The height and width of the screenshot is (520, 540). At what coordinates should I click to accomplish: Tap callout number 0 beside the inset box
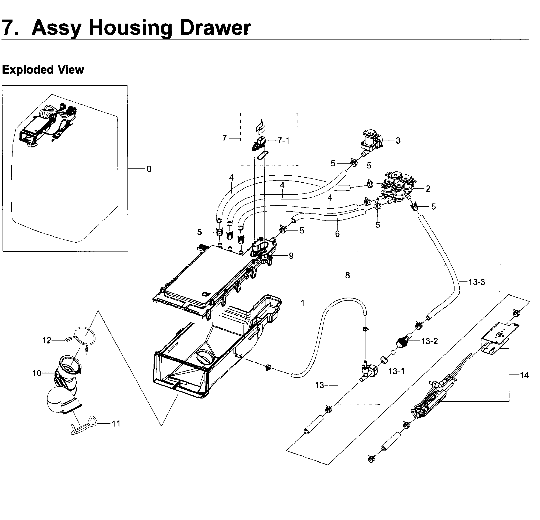(x=149, y=169)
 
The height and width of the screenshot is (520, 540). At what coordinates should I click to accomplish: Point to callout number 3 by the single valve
(x=398, y=140)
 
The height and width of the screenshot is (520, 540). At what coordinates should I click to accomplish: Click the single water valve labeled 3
(x=371, y=142)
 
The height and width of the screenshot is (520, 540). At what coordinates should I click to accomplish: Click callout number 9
(x=291, y=256)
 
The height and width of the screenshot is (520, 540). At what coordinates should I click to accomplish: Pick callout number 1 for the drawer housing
(x=302, y=303)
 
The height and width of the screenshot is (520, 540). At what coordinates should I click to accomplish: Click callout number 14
(x=524, y=375)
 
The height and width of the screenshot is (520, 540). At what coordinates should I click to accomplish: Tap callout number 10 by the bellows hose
(x=37, y=373)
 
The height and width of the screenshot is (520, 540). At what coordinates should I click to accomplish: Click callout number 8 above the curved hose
(x=347, y=275)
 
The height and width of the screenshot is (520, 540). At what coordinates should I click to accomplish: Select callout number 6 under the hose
(x=337, y=234)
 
